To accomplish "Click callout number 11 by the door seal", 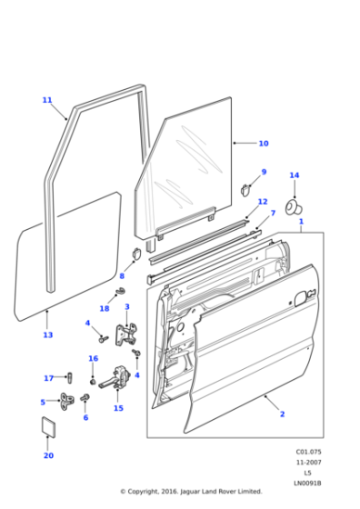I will point(47,100).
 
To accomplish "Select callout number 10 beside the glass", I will point(264,144).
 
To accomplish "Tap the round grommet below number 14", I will point(294,206).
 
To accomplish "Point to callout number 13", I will point(47,335).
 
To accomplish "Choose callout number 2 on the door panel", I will point(282,414).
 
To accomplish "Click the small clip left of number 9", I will point(245,189).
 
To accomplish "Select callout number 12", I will point(263,202).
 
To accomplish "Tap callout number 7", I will point(273,214).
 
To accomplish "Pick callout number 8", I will point(122,275).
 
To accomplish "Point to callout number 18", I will point(105,309).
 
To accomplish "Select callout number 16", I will point(93,358).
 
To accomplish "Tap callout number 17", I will point(49,378).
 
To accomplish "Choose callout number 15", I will point(118,408).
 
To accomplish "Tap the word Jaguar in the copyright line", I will point(188,492).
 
